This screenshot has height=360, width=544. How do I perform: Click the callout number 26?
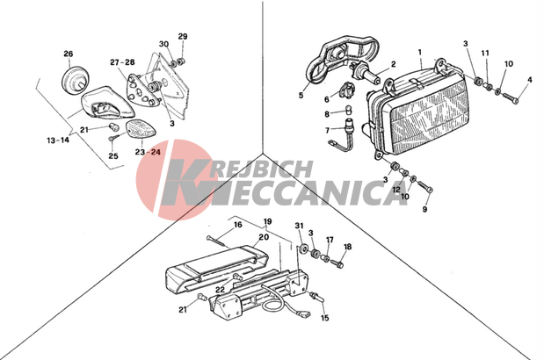coord(69,54)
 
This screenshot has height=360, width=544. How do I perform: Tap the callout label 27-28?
coord(122,62)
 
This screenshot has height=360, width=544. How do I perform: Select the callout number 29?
coord(183,36)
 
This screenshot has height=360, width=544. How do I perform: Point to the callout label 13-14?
coord(58,140)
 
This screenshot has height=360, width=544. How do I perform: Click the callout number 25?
coord(113,156)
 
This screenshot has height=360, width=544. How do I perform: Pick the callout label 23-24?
coord(149,152)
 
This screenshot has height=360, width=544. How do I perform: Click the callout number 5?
coord(301,95)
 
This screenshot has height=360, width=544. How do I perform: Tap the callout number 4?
coord(529,80)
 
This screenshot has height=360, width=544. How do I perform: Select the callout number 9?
coord(424,209)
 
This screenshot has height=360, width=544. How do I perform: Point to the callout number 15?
coord(324,318)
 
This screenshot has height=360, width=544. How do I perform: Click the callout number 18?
coord(347,247)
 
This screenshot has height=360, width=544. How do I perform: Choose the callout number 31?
coord(299,226)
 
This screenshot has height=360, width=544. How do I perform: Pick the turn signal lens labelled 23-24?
coord(141,130)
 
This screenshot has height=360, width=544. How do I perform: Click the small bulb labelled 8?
coord(348,111)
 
